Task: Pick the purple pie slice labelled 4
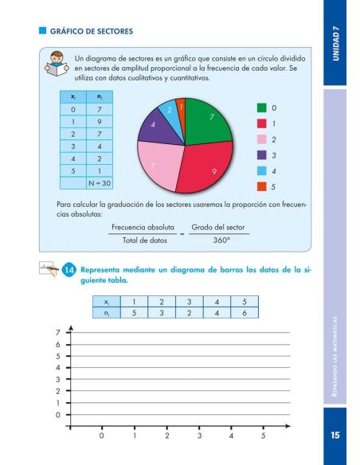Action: click(154, 127)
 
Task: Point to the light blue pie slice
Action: click(170, 111)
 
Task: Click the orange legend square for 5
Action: click(261, 187)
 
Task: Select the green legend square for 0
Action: click(261, 107)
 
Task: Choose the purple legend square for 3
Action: click(261, 155)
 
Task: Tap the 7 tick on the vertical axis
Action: click(57, 332)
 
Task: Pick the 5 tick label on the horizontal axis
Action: click(263, 436)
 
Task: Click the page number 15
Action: click(336, 436)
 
